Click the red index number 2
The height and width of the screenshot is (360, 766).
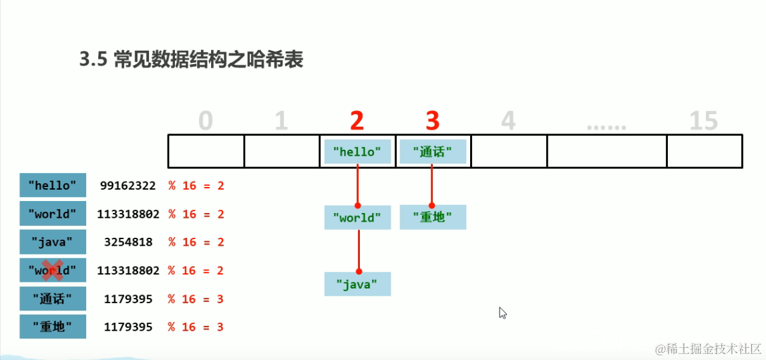(357, 121)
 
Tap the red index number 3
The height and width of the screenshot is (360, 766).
(432, 121)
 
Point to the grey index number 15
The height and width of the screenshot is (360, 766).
(703, 121)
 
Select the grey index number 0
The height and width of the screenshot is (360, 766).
(206, 121)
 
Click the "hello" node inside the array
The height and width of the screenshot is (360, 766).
(357, 152)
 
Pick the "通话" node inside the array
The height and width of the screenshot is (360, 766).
(432, 152)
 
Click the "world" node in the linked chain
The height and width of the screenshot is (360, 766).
(357, 218)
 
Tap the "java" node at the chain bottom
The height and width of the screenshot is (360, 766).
(357, 284)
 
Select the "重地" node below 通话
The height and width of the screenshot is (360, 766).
(433, 217)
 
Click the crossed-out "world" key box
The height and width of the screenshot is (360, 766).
(53, 271)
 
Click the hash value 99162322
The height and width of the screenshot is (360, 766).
(128, 186)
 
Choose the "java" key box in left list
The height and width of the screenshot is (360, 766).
(53, 242)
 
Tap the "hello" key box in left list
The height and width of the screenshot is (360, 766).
(53, 186)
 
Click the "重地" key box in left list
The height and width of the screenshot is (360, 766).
(53, 327)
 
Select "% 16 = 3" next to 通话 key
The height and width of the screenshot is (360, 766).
(196, 299)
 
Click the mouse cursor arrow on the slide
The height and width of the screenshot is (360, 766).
(503, 312)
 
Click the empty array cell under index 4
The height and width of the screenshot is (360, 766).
(508, 151)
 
